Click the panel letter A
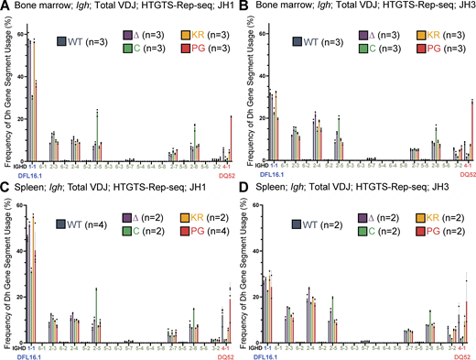5,7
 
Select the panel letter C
5,186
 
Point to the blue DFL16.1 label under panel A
37,174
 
